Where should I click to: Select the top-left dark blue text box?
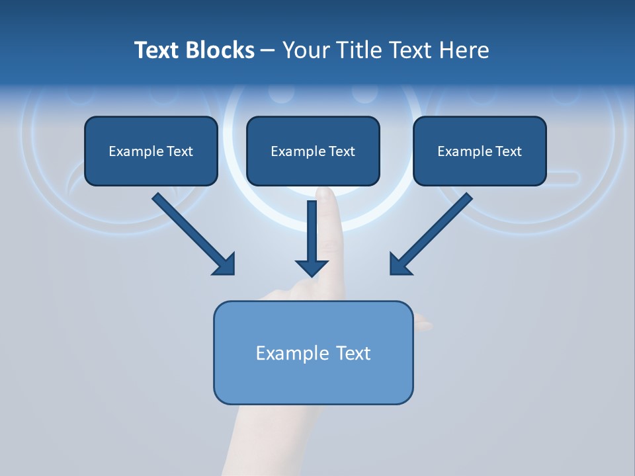coord(151,151)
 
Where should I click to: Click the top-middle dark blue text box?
coord(313,151)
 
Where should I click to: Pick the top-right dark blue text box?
coord(480,151)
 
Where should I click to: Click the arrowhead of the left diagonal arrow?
coord(225,264)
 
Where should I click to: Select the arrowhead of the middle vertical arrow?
coord(312,267)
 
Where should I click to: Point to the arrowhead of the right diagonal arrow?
coord(400,264)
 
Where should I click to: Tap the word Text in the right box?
coord(508,151)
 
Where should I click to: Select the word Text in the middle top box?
coord(341,151)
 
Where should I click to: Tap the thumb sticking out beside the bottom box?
coord(423,325)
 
